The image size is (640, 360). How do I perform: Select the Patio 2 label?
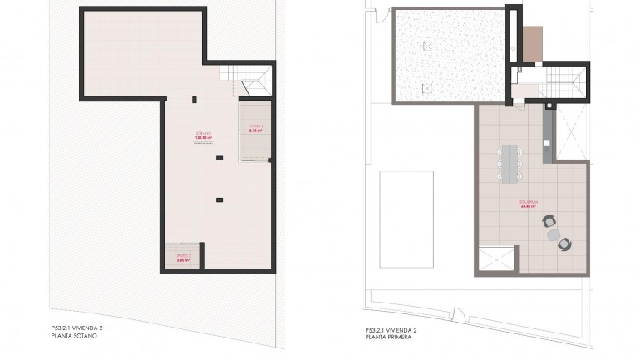click(x=184, y=256)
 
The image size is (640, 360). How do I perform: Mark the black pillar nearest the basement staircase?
click(x=194, y=100)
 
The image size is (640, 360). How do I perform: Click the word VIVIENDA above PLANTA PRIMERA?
click(x=401, y=330)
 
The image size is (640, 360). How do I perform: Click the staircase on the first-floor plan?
click(x=568, y=81)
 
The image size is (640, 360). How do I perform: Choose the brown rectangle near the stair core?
click(x=533, y=43)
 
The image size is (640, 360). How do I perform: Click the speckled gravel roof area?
click(x=448, y=55)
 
